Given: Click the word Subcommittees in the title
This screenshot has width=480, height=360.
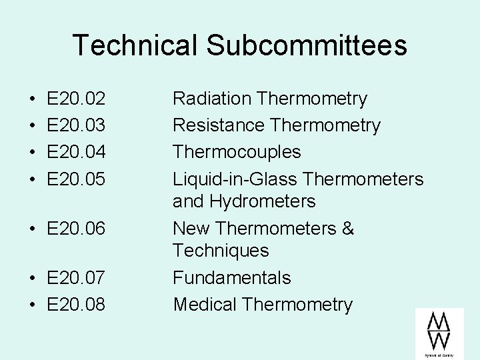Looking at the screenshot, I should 306,45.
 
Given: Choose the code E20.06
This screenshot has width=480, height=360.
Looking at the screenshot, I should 76,229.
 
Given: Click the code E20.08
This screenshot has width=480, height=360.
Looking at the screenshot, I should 76,305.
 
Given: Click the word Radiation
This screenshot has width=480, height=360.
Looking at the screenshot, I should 211,99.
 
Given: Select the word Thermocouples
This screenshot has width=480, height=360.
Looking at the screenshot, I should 237,153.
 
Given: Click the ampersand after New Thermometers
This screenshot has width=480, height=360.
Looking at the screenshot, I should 348,229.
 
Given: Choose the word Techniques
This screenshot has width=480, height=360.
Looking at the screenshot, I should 221,251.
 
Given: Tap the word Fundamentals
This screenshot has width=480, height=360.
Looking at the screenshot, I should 232,278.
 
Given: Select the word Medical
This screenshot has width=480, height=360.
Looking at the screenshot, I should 205,305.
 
